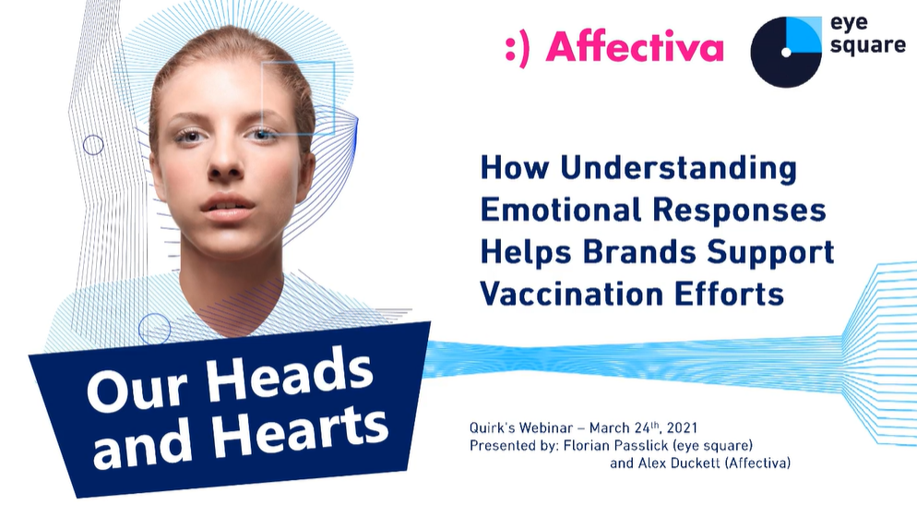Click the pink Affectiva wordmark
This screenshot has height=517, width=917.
635,46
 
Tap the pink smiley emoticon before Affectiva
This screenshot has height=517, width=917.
517,48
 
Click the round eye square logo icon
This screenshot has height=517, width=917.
785,52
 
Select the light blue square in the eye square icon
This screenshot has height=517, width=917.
804,34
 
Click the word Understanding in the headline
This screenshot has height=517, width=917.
678,169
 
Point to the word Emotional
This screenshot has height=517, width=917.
560,210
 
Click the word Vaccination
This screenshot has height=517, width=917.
571,294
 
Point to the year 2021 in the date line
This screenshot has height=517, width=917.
682,428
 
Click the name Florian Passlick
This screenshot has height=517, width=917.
615,446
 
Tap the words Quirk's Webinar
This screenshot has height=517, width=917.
520,428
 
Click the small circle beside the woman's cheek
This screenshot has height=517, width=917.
93,145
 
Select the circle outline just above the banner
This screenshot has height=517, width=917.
154,329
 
